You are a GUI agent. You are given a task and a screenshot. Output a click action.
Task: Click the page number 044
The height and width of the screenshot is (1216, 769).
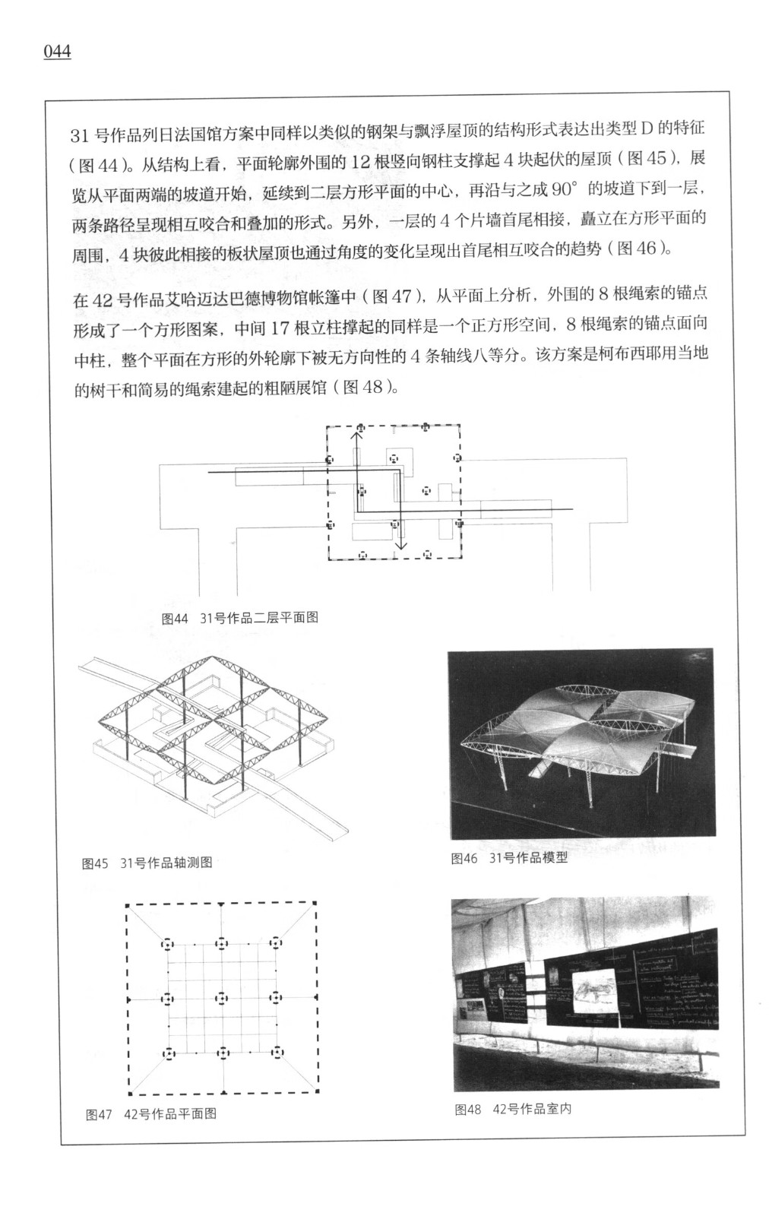tap(58, 52)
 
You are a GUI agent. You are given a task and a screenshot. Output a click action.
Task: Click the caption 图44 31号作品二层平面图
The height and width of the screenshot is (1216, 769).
tap(240, 617)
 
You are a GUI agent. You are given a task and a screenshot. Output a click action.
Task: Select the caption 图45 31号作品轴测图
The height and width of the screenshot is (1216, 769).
tap(147, 863)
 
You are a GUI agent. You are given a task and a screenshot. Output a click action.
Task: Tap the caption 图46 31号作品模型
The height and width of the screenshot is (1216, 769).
tap(509, 859)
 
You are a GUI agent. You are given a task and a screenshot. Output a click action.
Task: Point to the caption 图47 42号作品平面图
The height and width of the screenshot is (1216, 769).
tap(151, 1113)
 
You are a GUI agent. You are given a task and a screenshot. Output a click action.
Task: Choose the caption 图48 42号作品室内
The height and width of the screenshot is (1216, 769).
tap(513, 1109)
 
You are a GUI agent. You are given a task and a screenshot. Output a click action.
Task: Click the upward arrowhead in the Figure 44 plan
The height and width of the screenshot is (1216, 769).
tap(356, 434)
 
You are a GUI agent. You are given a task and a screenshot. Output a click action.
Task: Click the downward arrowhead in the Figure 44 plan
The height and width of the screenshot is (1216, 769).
tap(400, 544)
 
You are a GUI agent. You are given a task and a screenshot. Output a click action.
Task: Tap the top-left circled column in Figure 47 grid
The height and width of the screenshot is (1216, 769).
tap(167, 944)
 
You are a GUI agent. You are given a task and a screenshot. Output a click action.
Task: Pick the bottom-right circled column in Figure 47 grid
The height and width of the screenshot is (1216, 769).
tap(277, 1053)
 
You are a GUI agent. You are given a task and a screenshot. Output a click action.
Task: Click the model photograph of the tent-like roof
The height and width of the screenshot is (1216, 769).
tap(582, 741)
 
